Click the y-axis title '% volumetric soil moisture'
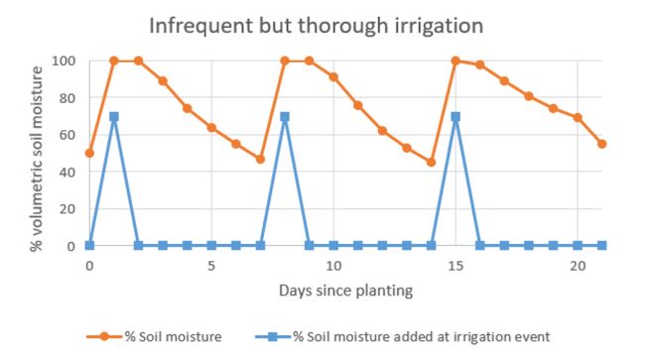click(37, 154)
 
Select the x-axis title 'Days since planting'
click(345, 292)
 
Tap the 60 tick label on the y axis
click(66, 135)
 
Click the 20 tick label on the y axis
click(66, 208)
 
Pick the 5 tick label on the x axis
click(211, 266)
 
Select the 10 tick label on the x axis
click(333, 266)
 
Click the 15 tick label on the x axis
click(455, 266)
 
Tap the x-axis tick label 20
click(578, 266)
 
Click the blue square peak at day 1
click(114, 116)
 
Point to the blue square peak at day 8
click(285, 116)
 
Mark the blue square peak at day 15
click(455, 116)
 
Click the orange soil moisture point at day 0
click(89, 153)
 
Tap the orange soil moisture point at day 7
click(260, 159)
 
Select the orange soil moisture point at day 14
click(431, 162)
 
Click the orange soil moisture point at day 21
click(601, 144)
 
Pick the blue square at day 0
click(89, 245)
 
